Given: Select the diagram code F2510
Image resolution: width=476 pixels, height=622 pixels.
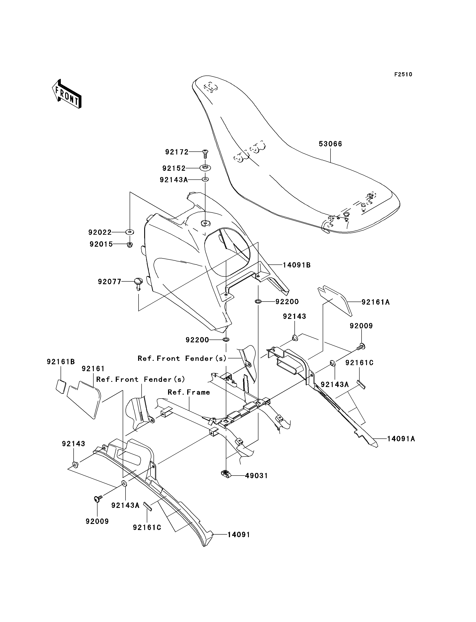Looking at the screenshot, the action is point(403,74).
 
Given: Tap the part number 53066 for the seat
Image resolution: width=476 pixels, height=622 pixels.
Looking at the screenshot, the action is point(330,144).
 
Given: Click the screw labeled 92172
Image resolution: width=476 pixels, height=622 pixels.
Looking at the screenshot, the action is point(205,154).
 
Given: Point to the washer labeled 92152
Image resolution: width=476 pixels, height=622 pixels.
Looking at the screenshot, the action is point(205,168).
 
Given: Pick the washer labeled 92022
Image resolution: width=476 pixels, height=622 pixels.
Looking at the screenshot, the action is point(129,232).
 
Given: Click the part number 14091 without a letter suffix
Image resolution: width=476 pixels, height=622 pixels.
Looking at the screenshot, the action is point(239,535).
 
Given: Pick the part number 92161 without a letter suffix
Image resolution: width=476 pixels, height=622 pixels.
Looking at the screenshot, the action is point(93,369).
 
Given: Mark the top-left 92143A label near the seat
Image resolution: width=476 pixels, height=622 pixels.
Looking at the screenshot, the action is point(174,179).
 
